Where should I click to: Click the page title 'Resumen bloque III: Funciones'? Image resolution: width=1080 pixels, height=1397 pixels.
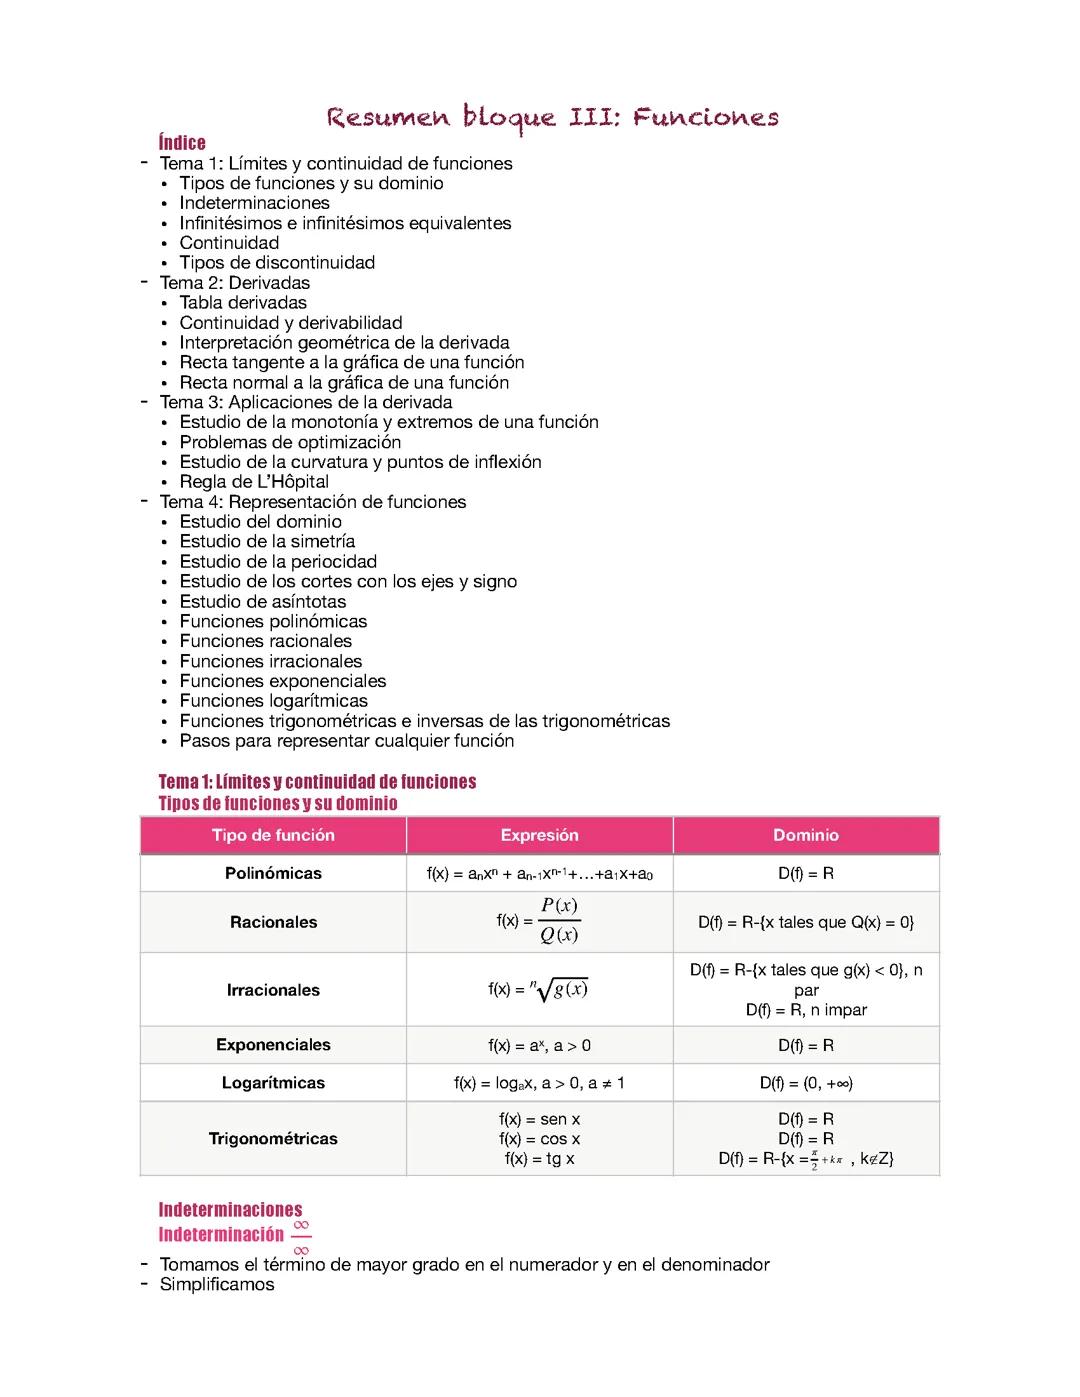[x=552, y=118]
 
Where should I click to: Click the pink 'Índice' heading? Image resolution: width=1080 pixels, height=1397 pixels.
[x=182, y=143]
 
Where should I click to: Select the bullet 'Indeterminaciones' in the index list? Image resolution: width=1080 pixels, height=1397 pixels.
[x=254, y=203]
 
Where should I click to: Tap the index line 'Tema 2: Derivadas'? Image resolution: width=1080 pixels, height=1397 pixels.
[x=235, y=283]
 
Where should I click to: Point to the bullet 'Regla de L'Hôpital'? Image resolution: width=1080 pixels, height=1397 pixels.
[x=254, y=482]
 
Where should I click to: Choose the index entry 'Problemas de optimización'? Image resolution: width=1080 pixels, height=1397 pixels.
[x=290, y=442]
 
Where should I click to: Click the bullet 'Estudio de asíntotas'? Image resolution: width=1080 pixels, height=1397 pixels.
[x=262, y=602]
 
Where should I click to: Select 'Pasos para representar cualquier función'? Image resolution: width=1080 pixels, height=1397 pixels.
[x=346, y=741]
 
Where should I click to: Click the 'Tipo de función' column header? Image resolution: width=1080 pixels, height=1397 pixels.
[x=273, y=835]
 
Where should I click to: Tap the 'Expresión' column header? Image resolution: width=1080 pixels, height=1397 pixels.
[x=539, y=835]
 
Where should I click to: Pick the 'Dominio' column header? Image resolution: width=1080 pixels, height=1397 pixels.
[x=806, y=835]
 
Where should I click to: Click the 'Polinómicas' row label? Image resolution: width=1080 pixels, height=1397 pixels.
[x=273, y=873]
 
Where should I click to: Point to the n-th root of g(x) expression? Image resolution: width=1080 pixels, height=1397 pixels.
[x=560, y=989]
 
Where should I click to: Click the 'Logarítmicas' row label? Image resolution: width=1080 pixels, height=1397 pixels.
[x=273, y=1083]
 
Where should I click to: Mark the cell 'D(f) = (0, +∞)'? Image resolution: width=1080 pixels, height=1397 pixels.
[x=806, y=1083]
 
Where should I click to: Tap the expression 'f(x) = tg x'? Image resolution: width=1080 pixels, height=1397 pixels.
[x=539, y=1159]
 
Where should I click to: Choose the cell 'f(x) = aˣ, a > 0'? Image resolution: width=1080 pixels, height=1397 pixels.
[x=539, y=1045]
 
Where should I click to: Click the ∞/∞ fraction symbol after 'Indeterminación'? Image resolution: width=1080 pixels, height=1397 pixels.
[x=301, y=1237]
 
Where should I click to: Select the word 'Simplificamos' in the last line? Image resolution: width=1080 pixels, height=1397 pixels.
[x=217, y=1285]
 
